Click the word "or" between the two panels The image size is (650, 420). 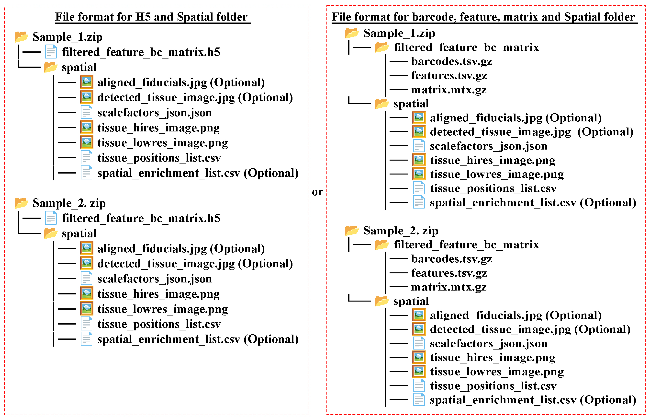317,192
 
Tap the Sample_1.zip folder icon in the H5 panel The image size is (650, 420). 21,36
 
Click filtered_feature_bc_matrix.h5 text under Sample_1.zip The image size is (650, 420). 141,52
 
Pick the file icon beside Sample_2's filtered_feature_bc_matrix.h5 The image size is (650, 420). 51,218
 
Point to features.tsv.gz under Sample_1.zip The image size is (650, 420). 449,76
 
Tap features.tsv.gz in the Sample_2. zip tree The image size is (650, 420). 449,273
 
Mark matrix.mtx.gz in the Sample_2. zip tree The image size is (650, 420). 449,287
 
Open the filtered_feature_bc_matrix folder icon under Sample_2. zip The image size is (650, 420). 382,244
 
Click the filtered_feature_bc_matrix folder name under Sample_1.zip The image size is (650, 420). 466,47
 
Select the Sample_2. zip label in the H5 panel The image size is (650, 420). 69,203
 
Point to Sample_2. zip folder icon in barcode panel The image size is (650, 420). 352,231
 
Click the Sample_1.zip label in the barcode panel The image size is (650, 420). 399,33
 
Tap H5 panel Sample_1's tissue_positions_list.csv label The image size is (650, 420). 159,158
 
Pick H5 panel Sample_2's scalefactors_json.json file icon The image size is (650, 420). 86,279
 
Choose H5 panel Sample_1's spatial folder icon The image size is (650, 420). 51,67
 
